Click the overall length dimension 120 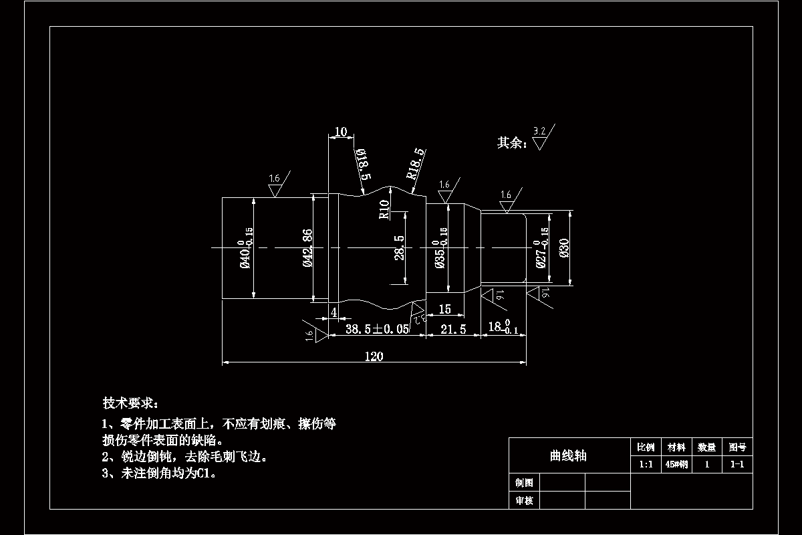coord(374,356)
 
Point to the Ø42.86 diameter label coord(308,248)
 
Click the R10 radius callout coord(384,209)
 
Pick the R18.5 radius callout coord(416,164)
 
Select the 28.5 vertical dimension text coord(399,247)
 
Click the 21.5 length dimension coord(453,329)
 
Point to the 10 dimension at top coord(340,132)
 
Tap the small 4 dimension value coord(333,312)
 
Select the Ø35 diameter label coord(440,254)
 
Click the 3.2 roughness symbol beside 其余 coord(540,137)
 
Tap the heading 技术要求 coord(130,403)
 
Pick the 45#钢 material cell coord(677,465)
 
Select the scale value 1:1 coord(646,465)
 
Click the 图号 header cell coord(737,447)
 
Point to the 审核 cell coord(524,500)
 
